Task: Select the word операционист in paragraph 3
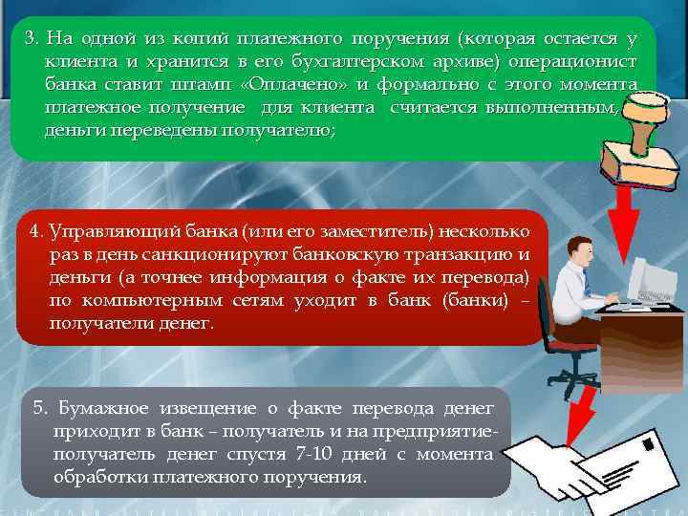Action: pos(581,61)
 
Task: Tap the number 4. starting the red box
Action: pos(35,231)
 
